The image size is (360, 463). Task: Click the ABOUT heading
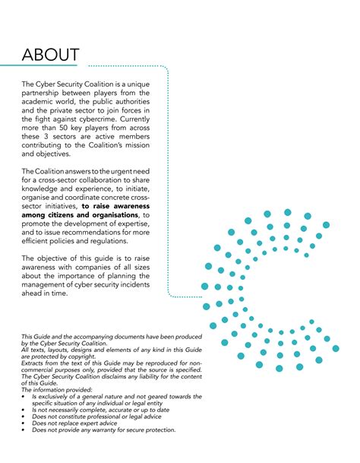(50, 55)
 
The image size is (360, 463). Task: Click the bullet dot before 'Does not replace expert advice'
(24, 423)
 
